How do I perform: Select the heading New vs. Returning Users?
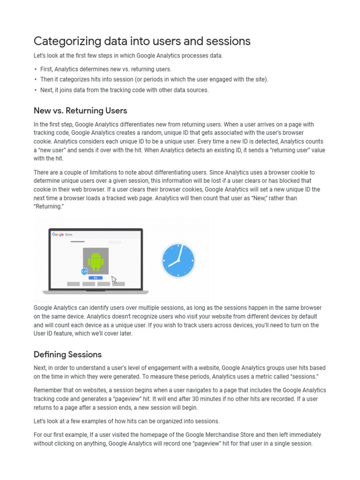[80, 111]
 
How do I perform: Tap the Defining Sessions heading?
[67, 354]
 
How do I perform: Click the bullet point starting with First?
[105, 69]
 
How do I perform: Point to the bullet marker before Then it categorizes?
[36, 80]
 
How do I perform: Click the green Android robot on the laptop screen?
[96, 262]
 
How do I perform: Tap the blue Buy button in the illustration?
[96, 277]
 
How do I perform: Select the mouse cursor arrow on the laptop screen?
[114, 280]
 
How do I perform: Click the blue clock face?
[178, 261]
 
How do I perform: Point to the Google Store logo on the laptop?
[62, 234]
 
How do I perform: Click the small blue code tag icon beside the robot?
[84, 271]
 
